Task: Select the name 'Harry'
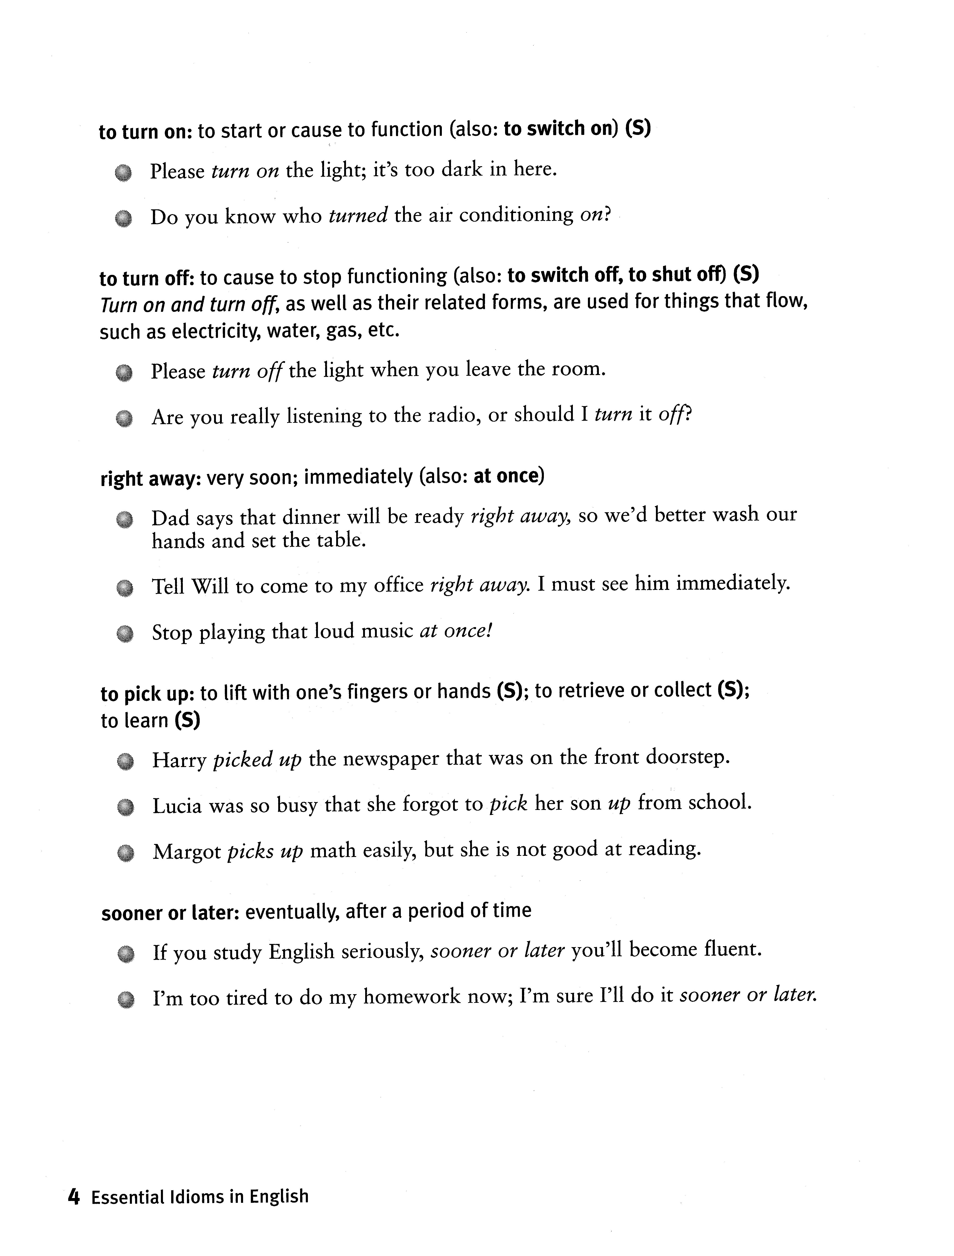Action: tap(178, 760)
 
